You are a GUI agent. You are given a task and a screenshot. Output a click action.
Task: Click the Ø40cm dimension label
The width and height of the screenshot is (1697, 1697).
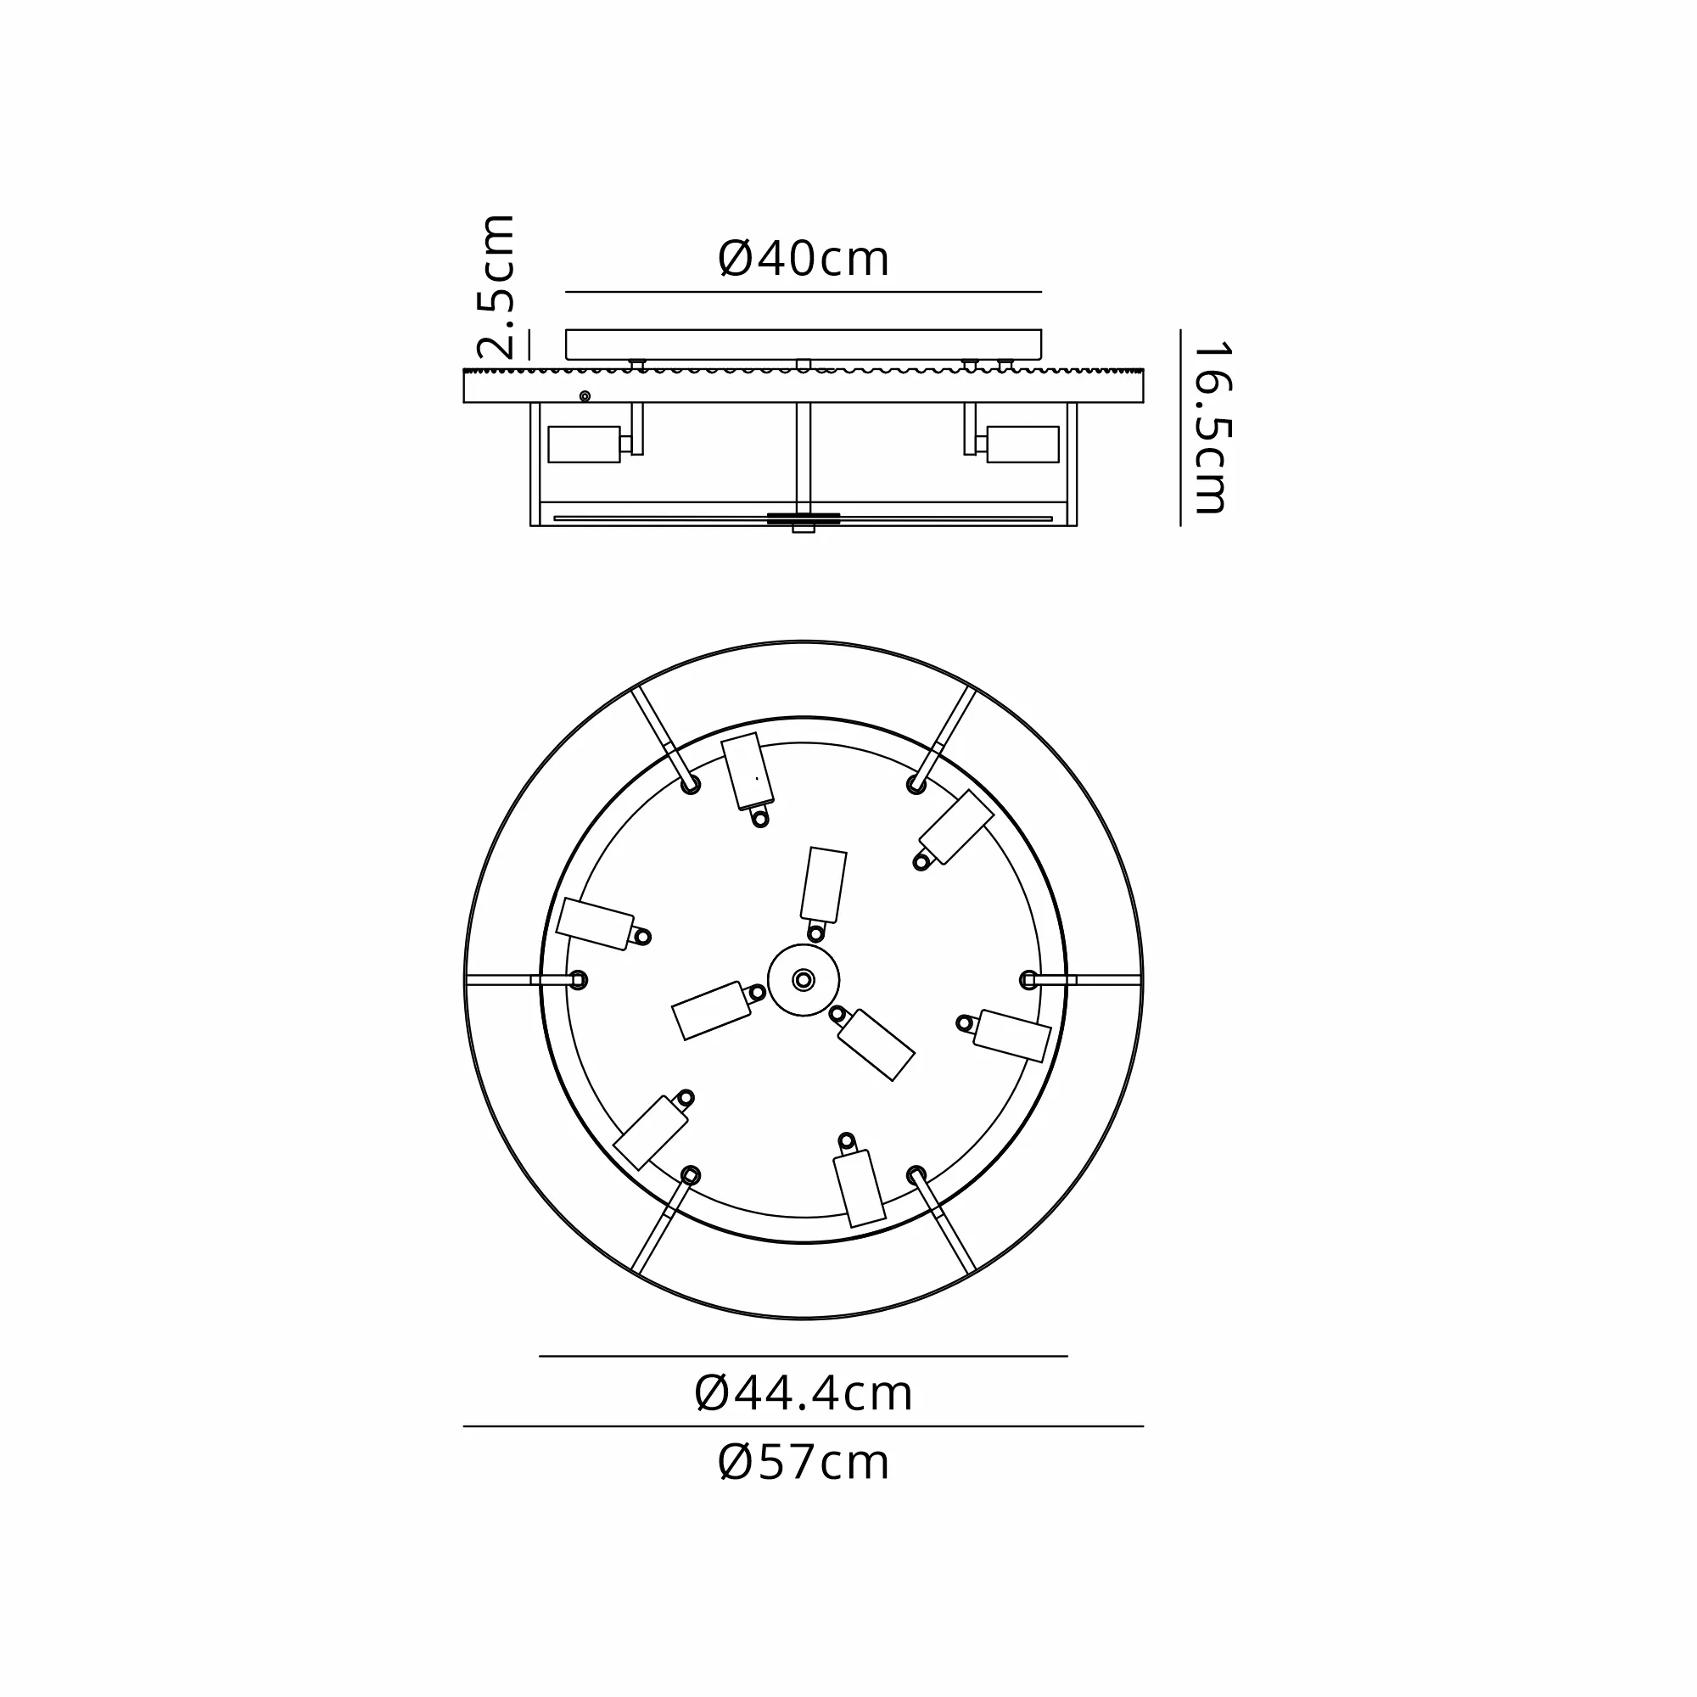click(x=804, y=259)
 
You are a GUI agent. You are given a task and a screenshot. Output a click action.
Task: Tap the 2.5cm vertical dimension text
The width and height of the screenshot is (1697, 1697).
click(x=495, y=286)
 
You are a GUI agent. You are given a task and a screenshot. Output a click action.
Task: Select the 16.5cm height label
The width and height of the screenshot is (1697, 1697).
click(x=1213, y=428)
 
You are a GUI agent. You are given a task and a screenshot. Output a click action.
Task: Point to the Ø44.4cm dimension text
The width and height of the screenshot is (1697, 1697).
click(x=804, y=1393)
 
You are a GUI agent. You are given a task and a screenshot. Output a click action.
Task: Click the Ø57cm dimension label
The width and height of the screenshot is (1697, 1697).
click(x=804, y=1463)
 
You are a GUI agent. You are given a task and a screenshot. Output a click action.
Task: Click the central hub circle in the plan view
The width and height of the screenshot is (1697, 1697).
click(x=804, y=979)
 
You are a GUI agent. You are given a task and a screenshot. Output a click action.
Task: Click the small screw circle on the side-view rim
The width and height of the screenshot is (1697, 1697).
click(x=585, y=396)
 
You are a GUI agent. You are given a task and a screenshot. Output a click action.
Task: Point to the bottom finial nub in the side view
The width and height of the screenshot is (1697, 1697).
click(x=804, y=529)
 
